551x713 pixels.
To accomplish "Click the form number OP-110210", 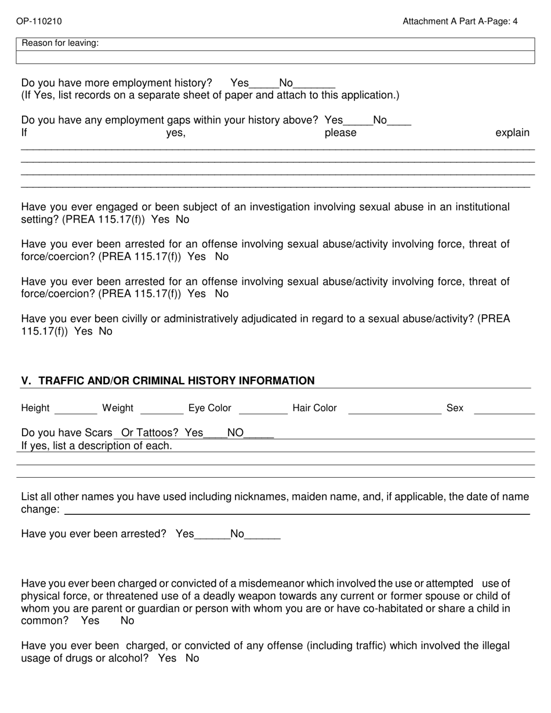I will tap(39, 21).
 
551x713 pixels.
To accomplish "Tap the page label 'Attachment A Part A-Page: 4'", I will tap(460, 21).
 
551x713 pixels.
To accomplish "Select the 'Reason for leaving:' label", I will tap(60, 43).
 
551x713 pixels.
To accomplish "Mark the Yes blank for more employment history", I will tap(264, 84).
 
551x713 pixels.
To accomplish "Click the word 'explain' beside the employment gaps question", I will tap(512, 133).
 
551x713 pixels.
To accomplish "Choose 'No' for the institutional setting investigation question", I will tap(182, 220).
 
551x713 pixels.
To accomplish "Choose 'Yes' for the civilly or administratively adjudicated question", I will tap(84, 332).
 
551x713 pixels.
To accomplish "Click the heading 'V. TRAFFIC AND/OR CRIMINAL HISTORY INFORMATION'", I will tap(168, 381).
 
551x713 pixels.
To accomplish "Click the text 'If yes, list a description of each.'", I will tap(96, 446).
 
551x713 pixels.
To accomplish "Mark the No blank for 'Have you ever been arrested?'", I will tap(263, 535).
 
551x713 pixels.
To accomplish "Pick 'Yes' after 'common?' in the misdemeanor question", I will tap(90, 621).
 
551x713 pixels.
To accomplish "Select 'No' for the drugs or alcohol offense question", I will tap(192, 659).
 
